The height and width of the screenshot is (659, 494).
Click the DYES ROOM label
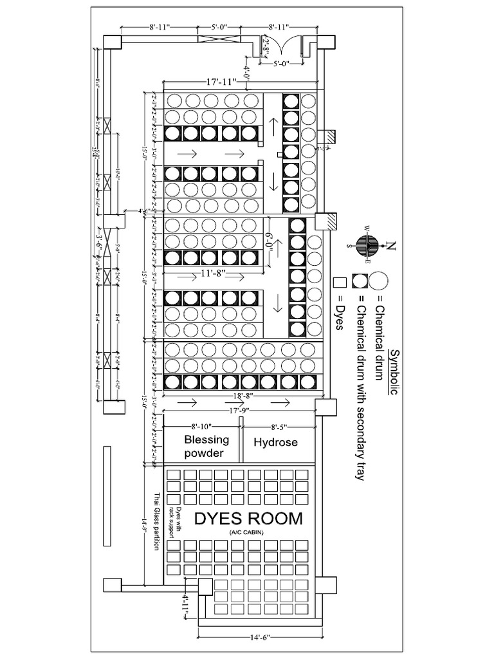point(248,518)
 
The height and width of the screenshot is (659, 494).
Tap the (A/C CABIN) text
point(248,533)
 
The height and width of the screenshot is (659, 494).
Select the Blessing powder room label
point(206,447)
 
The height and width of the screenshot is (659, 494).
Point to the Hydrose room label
point(275,443)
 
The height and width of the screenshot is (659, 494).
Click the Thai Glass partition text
point(156,522)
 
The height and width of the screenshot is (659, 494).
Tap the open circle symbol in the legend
point(379,282)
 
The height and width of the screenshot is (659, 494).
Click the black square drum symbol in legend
point(359,282)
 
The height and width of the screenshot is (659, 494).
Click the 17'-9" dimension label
point(239,409)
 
